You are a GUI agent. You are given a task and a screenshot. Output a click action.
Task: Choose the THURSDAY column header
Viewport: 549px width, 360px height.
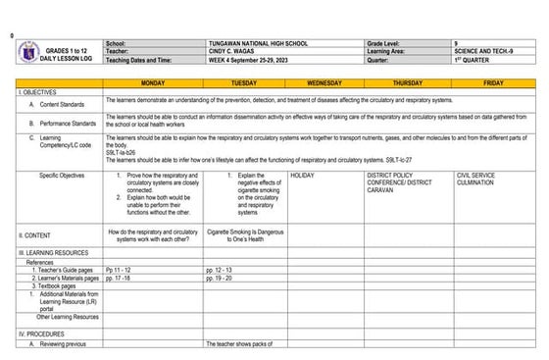tap(408, 83)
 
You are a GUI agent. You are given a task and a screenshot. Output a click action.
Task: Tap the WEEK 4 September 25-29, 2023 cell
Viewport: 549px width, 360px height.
tap(257, 61)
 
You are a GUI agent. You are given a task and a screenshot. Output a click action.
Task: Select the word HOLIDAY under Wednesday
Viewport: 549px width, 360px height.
tap(303, 175)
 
